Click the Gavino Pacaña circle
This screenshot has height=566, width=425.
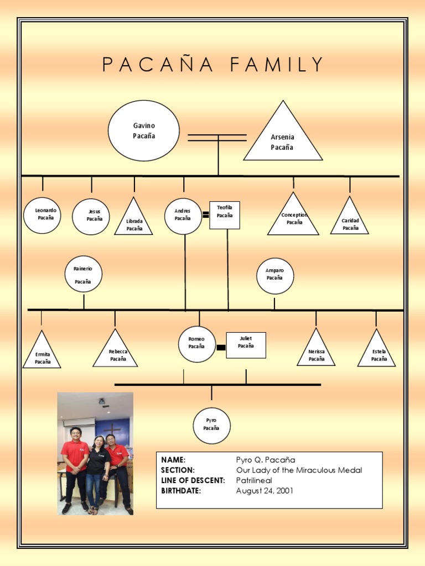point(143,131)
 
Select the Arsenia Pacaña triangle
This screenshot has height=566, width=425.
point(283,141)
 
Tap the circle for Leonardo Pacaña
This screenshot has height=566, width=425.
point(42,215)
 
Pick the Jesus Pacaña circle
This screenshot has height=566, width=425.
point(91,217)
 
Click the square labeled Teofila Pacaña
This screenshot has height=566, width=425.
point(225,215)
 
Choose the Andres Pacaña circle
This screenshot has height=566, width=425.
point(183,216)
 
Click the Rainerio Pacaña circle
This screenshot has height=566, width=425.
point(84,274)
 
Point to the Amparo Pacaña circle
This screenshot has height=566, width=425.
point(275,276)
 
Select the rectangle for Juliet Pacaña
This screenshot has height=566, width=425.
point(246,345)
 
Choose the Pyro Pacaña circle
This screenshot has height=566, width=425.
point(211,426)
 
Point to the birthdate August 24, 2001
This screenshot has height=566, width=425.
point(265,490)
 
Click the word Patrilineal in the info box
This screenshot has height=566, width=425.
point(254,480)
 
